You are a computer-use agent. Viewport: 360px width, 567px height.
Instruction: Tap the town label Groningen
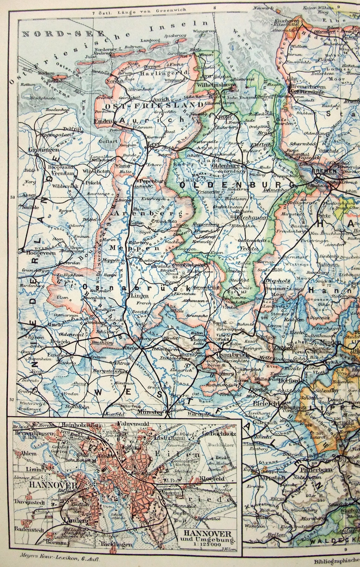39,150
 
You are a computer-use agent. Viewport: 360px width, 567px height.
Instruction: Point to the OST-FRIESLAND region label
154,105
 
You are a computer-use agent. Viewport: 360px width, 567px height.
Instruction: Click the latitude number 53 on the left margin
13,197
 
